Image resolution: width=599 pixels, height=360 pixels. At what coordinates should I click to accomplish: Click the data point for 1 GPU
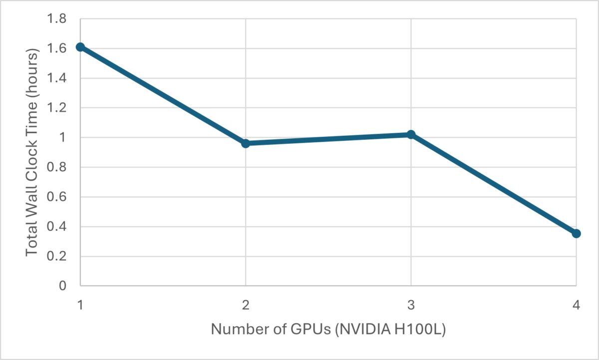[x=80, y=47]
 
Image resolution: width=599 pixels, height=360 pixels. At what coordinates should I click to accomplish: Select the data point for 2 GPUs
[x=246, y=143]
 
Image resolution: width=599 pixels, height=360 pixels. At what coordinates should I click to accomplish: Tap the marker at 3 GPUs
[x=411, y=134]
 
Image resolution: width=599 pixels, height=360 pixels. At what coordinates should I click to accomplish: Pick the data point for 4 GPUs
[x=576, y=233]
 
